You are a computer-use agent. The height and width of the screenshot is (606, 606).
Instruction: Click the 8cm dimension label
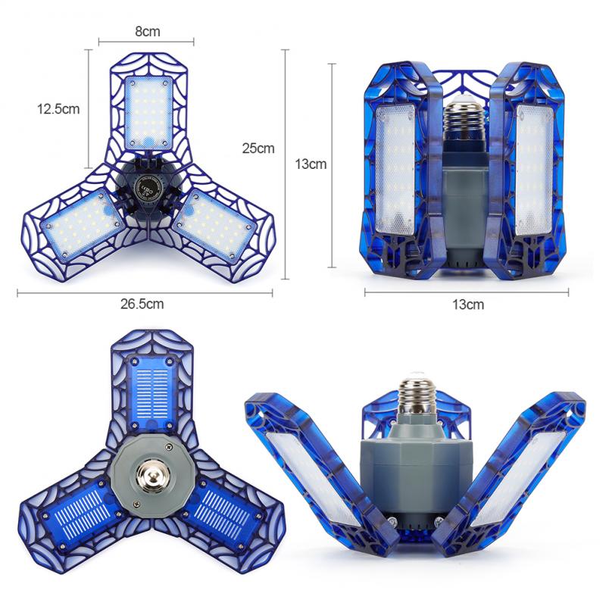[147, 31]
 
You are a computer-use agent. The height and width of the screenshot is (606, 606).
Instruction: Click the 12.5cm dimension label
[58, 109]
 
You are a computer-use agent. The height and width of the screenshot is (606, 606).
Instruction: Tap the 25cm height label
[258, 148]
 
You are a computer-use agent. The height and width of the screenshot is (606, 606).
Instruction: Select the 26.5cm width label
[142, 304]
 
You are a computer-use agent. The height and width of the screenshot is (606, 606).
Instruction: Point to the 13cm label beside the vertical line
[311, 164]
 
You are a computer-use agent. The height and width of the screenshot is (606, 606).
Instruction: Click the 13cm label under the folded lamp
[468, 305]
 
